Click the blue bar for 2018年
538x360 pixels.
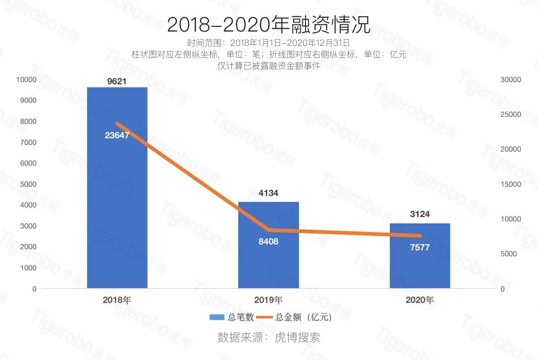coord(117,201)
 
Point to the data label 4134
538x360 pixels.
coord(268,194)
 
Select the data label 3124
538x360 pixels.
coord(420,214)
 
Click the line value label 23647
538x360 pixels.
coord(117,135)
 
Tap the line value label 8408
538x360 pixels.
coord(268,241)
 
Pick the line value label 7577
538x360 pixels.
coord(420,247)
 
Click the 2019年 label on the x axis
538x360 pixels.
coord(268,300)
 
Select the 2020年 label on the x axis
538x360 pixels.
coord(420,300)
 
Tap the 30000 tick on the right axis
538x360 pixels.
coord(512,79)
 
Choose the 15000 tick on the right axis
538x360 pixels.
coord(512,184)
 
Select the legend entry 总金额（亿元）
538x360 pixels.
coord(294,317)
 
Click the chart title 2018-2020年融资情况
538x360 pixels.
coord(268,25)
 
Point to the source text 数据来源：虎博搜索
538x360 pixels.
coord(268,338)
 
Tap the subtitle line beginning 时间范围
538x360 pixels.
coord(268,43)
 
